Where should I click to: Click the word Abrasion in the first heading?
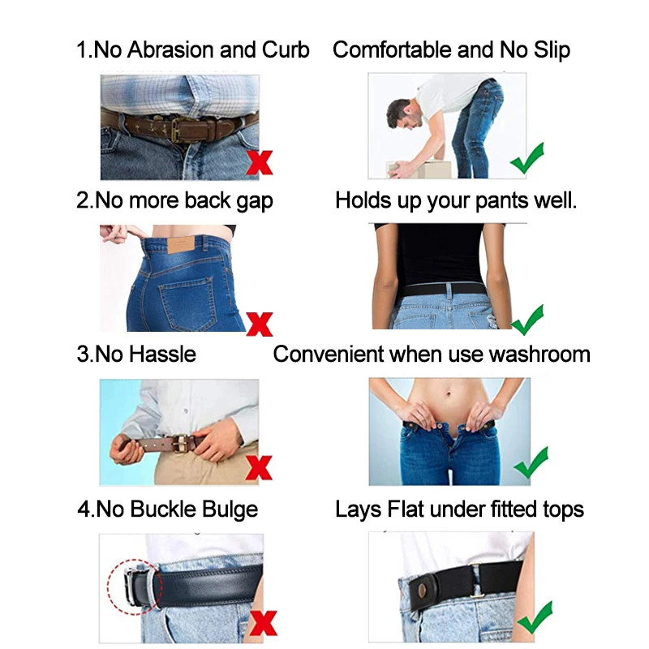(171, 49)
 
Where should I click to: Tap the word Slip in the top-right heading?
(552, 50)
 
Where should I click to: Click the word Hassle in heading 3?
(162, 355)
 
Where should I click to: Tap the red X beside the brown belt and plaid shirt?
(260, 162)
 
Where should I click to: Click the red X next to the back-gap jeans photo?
(260, 324)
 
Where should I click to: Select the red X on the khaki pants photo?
(259, 468)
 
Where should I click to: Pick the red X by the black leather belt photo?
(263, 623)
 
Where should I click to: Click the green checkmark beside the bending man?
(527, 157)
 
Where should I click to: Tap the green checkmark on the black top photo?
(527, 320)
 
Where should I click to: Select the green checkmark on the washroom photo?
(531, 462)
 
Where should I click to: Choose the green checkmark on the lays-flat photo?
(535, 617)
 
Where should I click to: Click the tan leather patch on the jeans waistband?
(181, 246)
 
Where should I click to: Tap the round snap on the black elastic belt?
(421, 591)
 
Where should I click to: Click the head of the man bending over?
(403, 114)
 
